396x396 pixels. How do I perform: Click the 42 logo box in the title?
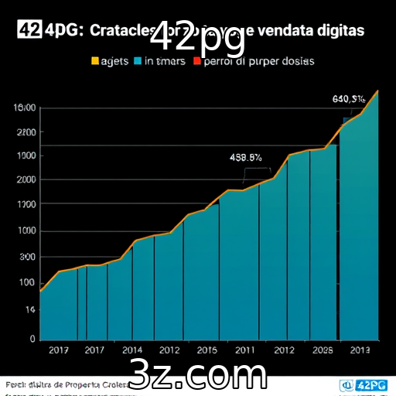[28, 30]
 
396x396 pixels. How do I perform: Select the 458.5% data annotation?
[246, 157]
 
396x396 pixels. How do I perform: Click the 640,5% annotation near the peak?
[348, 98]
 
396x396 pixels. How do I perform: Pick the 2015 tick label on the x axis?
[207, 350]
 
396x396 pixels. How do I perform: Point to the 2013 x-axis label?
[360, 350]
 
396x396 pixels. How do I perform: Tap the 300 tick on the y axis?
[28, 257]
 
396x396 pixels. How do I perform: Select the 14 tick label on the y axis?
[29, 309]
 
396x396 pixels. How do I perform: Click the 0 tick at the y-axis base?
[32, 339]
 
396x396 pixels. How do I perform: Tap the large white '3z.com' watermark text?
[198, 375]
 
